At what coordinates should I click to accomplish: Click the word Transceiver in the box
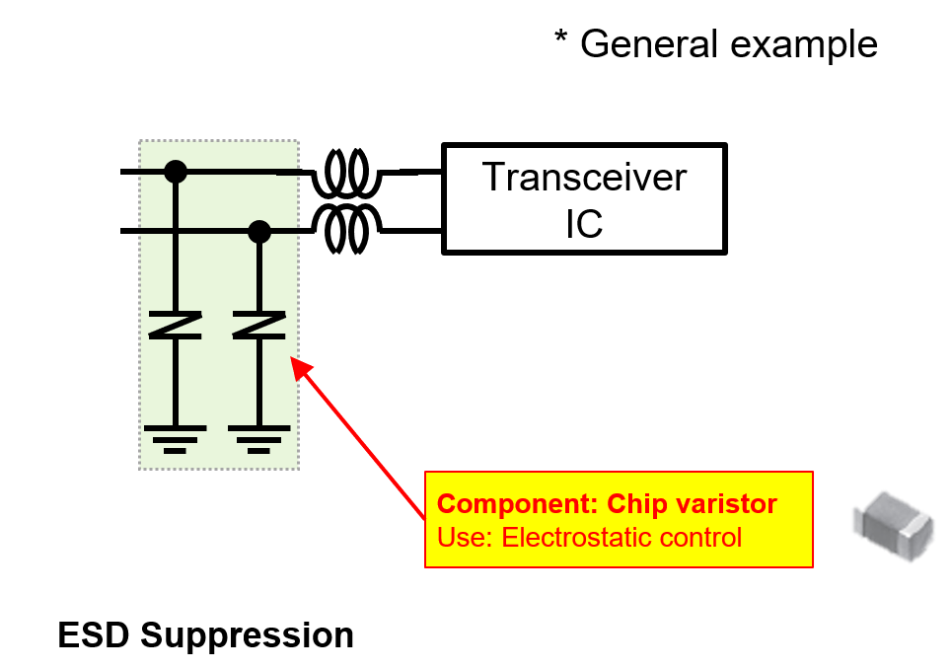[584, 178]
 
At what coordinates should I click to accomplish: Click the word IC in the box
[584, 224]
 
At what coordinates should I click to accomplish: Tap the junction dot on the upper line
[176, 172]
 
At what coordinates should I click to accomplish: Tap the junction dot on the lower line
[258, 232]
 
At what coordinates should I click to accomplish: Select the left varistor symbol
[176, 325]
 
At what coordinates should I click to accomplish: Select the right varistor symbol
[258, 325]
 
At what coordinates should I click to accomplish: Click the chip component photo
[892, 522]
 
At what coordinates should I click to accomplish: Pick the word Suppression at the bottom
[247, 634]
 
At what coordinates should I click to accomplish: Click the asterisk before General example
[560, 41]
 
